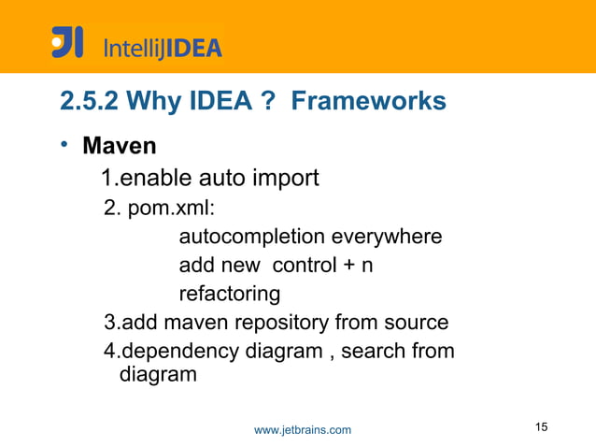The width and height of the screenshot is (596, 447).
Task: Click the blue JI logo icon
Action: click(67, 43)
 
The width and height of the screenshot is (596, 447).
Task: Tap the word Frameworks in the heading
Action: click(369, 101)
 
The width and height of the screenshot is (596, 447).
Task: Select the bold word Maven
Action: click(120, 148)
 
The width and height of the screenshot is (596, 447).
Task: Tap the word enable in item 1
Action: click(149, 177)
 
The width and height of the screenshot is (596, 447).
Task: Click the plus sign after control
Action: click(348, 267)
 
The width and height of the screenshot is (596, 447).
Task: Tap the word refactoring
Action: click(229, 295)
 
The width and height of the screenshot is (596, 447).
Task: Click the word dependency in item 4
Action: click(173, 353)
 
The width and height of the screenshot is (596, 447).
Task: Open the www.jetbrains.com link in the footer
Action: click(303, 430)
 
